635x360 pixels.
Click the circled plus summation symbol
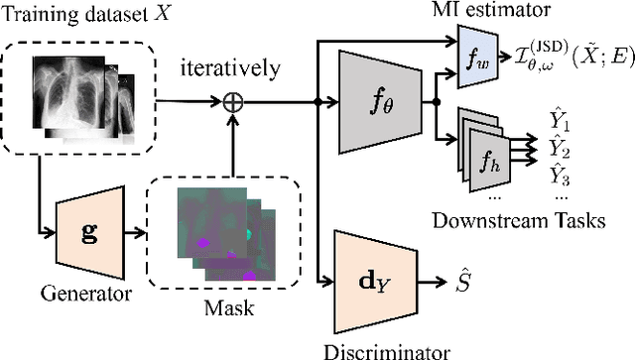[x=234, y=100]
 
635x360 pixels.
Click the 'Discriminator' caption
[x=373, y=348]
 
